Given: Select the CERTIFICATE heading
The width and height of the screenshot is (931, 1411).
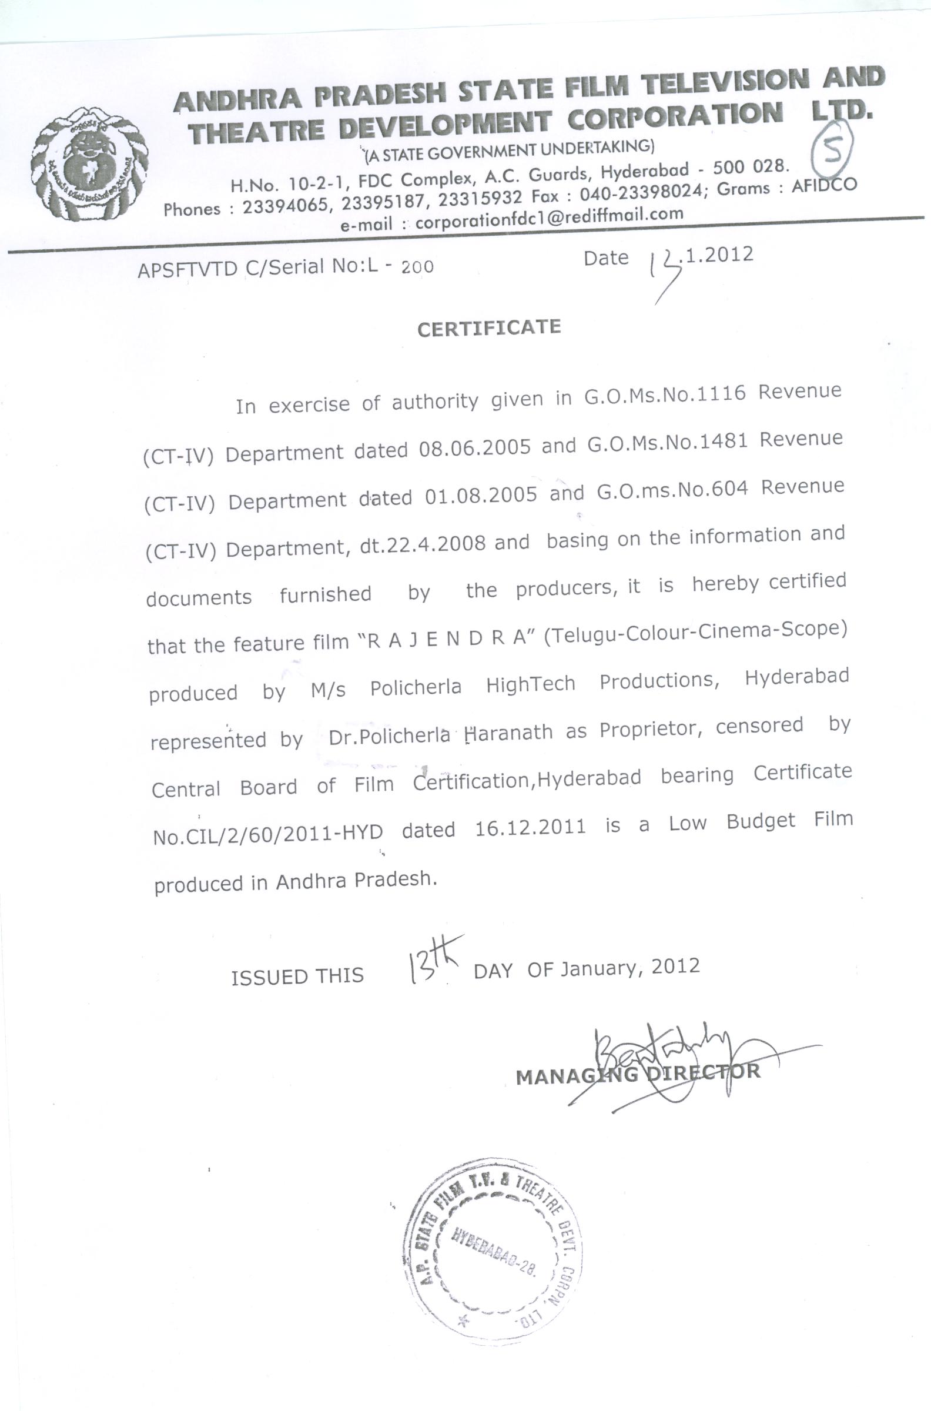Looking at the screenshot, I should point(488,329).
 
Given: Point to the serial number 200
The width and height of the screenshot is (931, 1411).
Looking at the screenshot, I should point(417,268).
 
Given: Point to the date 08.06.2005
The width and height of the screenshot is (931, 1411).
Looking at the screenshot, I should point(474,449).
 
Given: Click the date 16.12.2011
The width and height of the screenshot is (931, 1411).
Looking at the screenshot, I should point(530,827).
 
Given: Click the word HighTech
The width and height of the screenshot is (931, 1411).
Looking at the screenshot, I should point(530,684).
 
